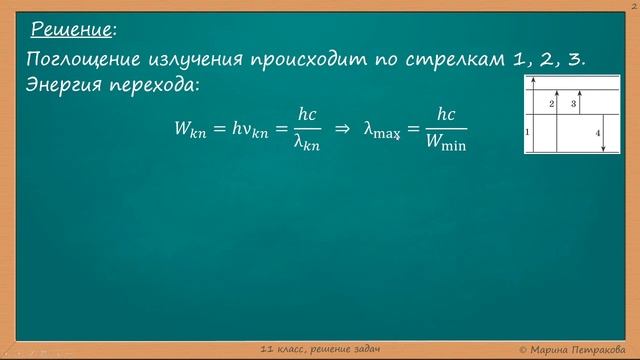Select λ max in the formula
pyautogui.click(x=382, y=129)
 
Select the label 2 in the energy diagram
pyautogui.click(x=552, y=103)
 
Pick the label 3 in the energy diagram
pyautogui.click(x=574, y=103)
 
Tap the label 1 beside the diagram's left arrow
pyautogui.click(x=527, y=132)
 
